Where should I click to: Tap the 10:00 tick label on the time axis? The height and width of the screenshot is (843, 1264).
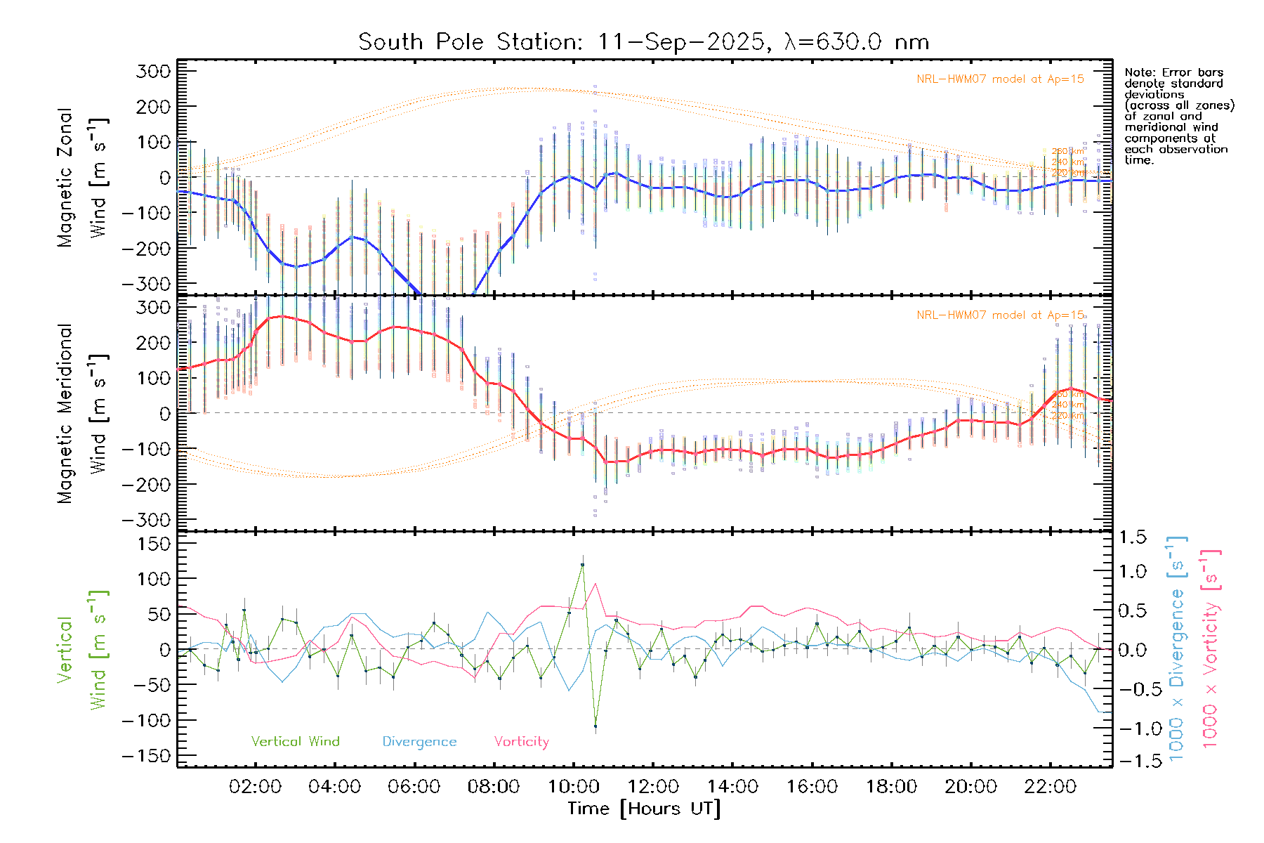[573, 787]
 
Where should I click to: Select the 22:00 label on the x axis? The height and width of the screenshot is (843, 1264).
[1050, 787]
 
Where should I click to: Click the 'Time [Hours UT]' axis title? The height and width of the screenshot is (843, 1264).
[643, 809]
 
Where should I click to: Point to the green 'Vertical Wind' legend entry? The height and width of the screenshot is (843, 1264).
[295, 742]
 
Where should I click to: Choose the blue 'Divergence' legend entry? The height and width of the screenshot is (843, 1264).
[419, 742]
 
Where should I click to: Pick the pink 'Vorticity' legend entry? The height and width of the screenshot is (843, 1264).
[521, 742]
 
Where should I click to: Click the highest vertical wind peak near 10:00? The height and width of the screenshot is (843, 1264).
[582, 565]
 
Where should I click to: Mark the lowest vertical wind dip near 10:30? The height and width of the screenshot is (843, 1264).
[595, 726]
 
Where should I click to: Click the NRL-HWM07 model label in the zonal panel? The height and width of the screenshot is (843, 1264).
[1000, 79]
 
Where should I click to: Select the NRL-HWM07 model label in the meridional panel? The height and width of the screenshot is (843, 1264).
[1000, 315]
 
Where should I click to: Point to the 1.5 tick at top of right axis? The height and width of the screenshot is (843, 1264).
[1132, 537]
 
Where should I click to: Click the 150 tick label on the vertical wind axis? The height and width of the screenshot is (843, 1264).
[145, 544]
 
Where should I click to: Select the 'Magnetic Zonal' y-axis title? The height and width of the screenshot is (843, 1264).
[65, 178]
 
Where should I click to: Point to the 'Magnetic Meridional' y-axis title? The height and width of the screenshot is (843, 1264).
[65, 414]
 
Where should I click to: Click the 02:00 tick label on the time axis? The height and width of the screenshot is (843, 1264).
[255, 787]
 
